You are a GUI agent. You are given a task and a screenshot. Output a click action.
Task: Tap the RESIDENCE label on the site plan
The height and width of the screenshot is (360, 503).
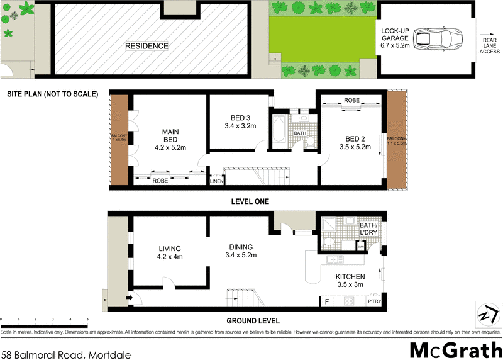pyautogui.click(x=146, y=46)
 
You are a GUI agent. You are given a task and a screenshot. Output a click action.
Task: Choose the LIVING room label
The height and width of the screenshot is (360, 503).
pyautogui.click(x=169, y=252)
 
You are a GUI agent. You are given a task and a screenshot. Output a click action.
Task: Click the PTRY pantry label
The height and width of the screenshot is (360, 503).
pyautogui.click(x=373, y=301)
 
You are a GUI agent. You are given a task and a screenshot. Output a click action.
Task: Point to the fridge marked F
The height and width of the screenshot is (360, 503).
pyautogui.click(x=326, y=301)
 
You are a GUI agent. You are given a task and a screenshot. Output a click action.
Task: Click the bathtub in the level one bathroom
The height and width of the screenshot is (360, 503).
pyautogui.click(x=279, y=132)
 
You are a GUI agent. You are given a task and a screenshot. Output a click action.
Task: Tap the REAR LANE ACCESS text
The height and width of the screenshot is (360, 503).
pyautogui.click(x=490, y=46)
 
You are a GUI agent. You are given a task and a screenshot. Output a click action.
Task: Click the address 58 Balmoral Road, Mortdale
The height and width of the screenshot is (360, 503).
pyautogui.click(x=66, y=354)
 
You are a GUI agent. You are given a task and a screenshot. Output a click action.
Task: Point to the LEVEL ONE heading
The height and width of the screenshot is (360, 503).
pyautogui.click(x=250, y=201)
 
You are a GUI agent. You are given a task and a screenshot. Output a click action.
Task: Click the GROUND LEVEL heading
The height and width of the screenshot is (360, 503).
pyautogui.click(x=250, y=320)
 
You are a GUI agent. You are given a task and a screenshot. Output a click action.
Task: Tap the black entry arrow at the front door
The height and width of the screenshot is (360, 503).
pyautogui.click(x=129, y=298)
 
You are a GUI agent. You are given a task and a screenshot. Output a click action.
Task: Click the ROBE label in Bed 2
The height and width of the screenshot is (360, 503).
pyautogui.click(x=351, y=101)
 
